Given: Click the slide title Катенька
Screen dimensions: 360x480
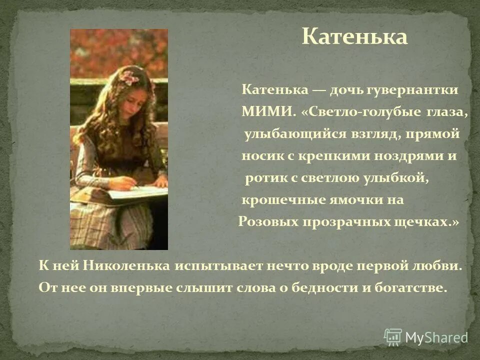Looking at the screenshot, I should (x=354, y=37).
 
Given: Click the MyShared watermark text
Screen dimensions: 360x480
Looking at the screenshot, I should (x=436, y=337).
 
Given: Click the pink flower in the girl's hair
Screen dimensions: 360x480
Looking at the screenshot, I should (x=129, y=76).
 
